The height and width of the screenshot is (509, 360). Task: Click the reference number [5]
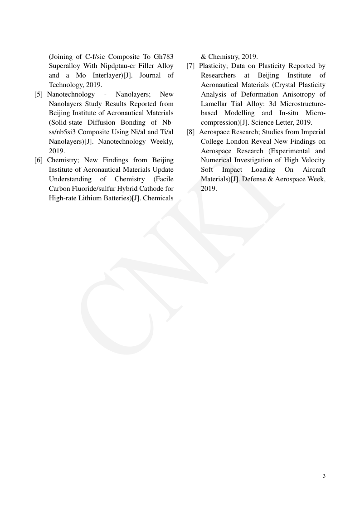39,94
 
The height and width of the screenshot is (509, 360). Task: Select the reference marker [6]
39,160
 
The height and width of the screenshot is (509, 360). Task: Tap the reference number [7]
191,66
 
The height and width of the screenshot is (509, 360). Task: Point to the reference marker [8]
191,132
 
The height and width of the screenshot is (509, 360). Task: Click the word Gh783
163,57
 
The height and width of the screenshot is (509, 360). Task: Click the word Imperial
313,132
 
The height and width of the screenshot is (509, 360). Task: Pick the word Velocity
313,160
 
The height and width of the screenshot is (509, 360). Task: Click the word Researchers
218,75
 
